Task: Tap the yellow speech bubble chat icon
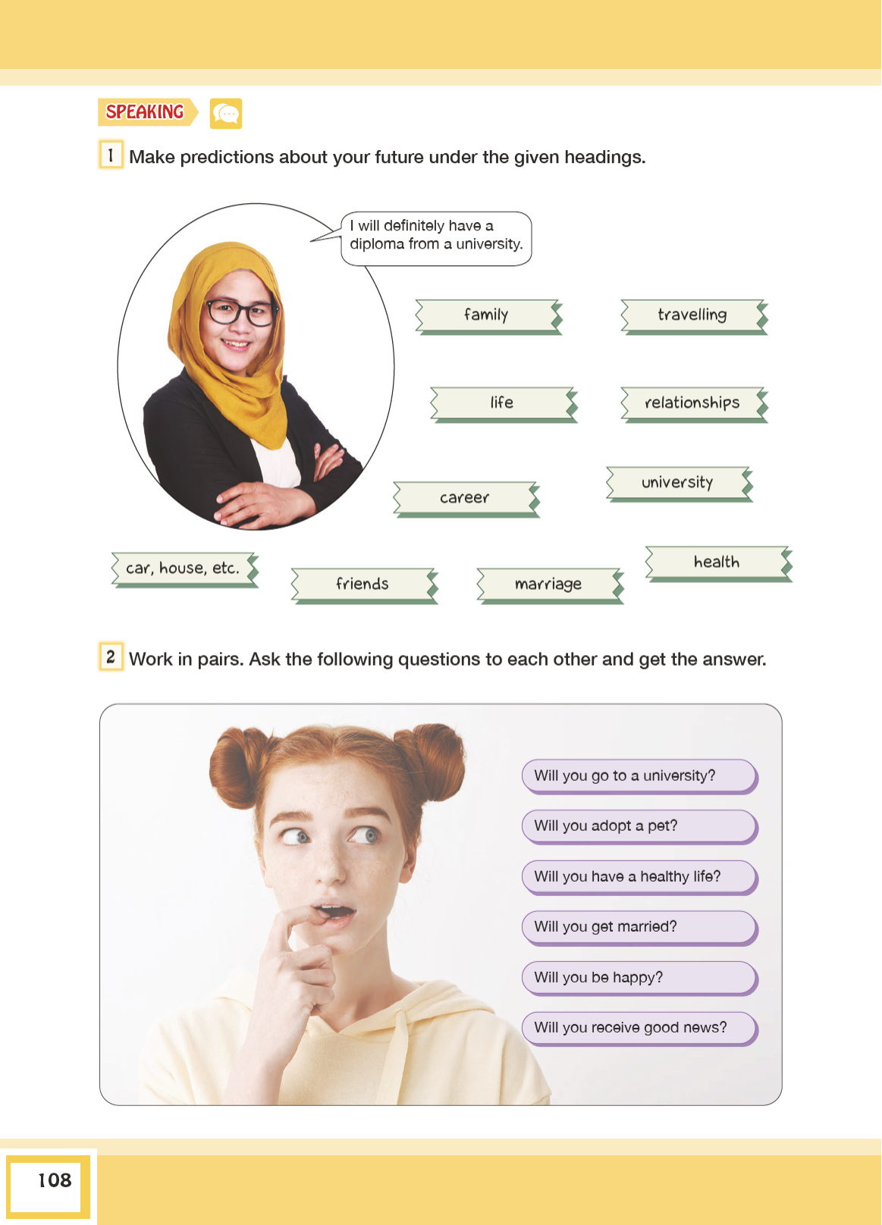pyautogui.click(x=226, y=114)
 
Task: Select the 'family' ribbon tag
pyautogui.click(x=488, y=316)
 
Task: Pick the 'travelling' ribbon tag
pyautogui.click(x=695, y=316)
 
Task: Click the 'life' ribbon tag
pyautogui.click(x=504, y=404)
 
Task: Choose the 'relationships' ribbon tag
pyautogui.click(x=695, y=404)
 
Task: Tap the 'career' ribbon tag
pyautogui.click(x=466, y=499)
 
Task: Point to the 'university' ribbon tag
pyautogui.click(x=679, y=484)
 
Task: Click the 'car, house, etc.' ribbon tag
pyautogui.click(x=185, y=569)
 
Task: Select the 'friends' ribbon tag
pyautogui.click(x=364, y=585)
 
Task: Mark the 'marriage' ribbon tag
pyautogui.click(x=550, y=585)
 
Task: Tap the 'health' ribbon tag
pyautogui.click(x=718, y=563)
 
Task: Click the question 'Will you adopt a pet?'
pyautogui.click(x=639, y=826)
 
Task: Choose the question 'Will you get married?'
pyautogui.click(x=639, y=928)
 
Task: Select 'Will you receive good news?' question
pyautogui.click(x=639, y=1028)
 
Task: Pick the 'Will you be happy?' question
pyautogui.click(x=639, y=978)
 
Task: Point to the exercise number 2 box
pyautogui.click(x=111, y=656)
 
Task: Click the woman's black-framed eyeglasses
pyautogui.click(x=240, y=312)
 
